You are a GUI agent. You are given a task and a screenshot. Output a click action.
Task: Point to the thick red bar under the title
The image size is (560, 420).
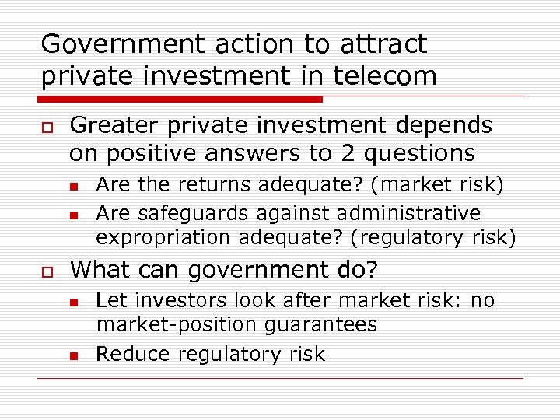tap(180, 100)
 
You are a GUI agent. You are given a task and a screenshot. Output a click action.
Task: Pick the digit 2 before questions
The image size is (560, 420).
tap(347, 152)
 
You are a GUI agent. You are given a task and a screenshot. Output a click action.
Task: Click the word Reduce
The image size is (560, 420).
tap(133, 354)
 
